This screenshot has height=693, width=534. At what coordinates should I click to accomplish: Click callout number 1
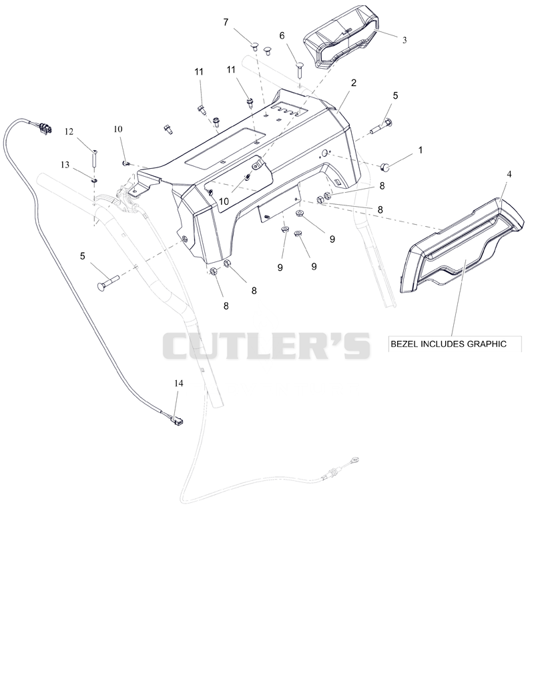click(x=420, y=150)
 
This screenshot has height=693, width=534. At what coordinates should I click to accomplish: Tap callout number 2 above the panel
click(x=354, y=83)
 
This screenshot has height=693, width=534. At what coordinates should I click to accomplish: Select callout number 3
click(x=405, y=40)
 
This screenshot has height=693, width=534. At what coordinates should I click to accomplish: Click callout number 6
click(x=282, y=35)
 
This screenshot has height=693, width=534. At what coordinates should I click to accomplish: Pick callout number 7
click(x=226, y=22)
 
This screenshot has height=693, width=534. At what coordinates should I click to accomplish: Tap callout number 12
click(x=69, y=131)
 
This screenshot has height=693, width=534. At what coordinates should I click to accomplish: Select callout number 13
click(x=65, y=165)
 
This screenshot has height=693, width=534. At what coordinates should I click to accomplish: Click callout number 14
click(x=178, y=383)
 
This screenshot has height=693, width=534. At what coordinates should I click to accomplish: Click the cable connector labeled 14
click(x=177, y=419)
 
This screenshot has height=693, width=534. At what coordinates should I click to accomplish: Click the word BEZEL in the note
click(x=405, y=344)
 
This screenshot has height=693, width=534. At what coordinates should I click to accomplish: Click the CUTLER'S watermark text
click(x=266, y=345)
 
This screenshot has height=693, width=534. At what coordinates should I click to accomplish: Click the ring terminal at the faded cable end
click(x=354, y=460)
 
